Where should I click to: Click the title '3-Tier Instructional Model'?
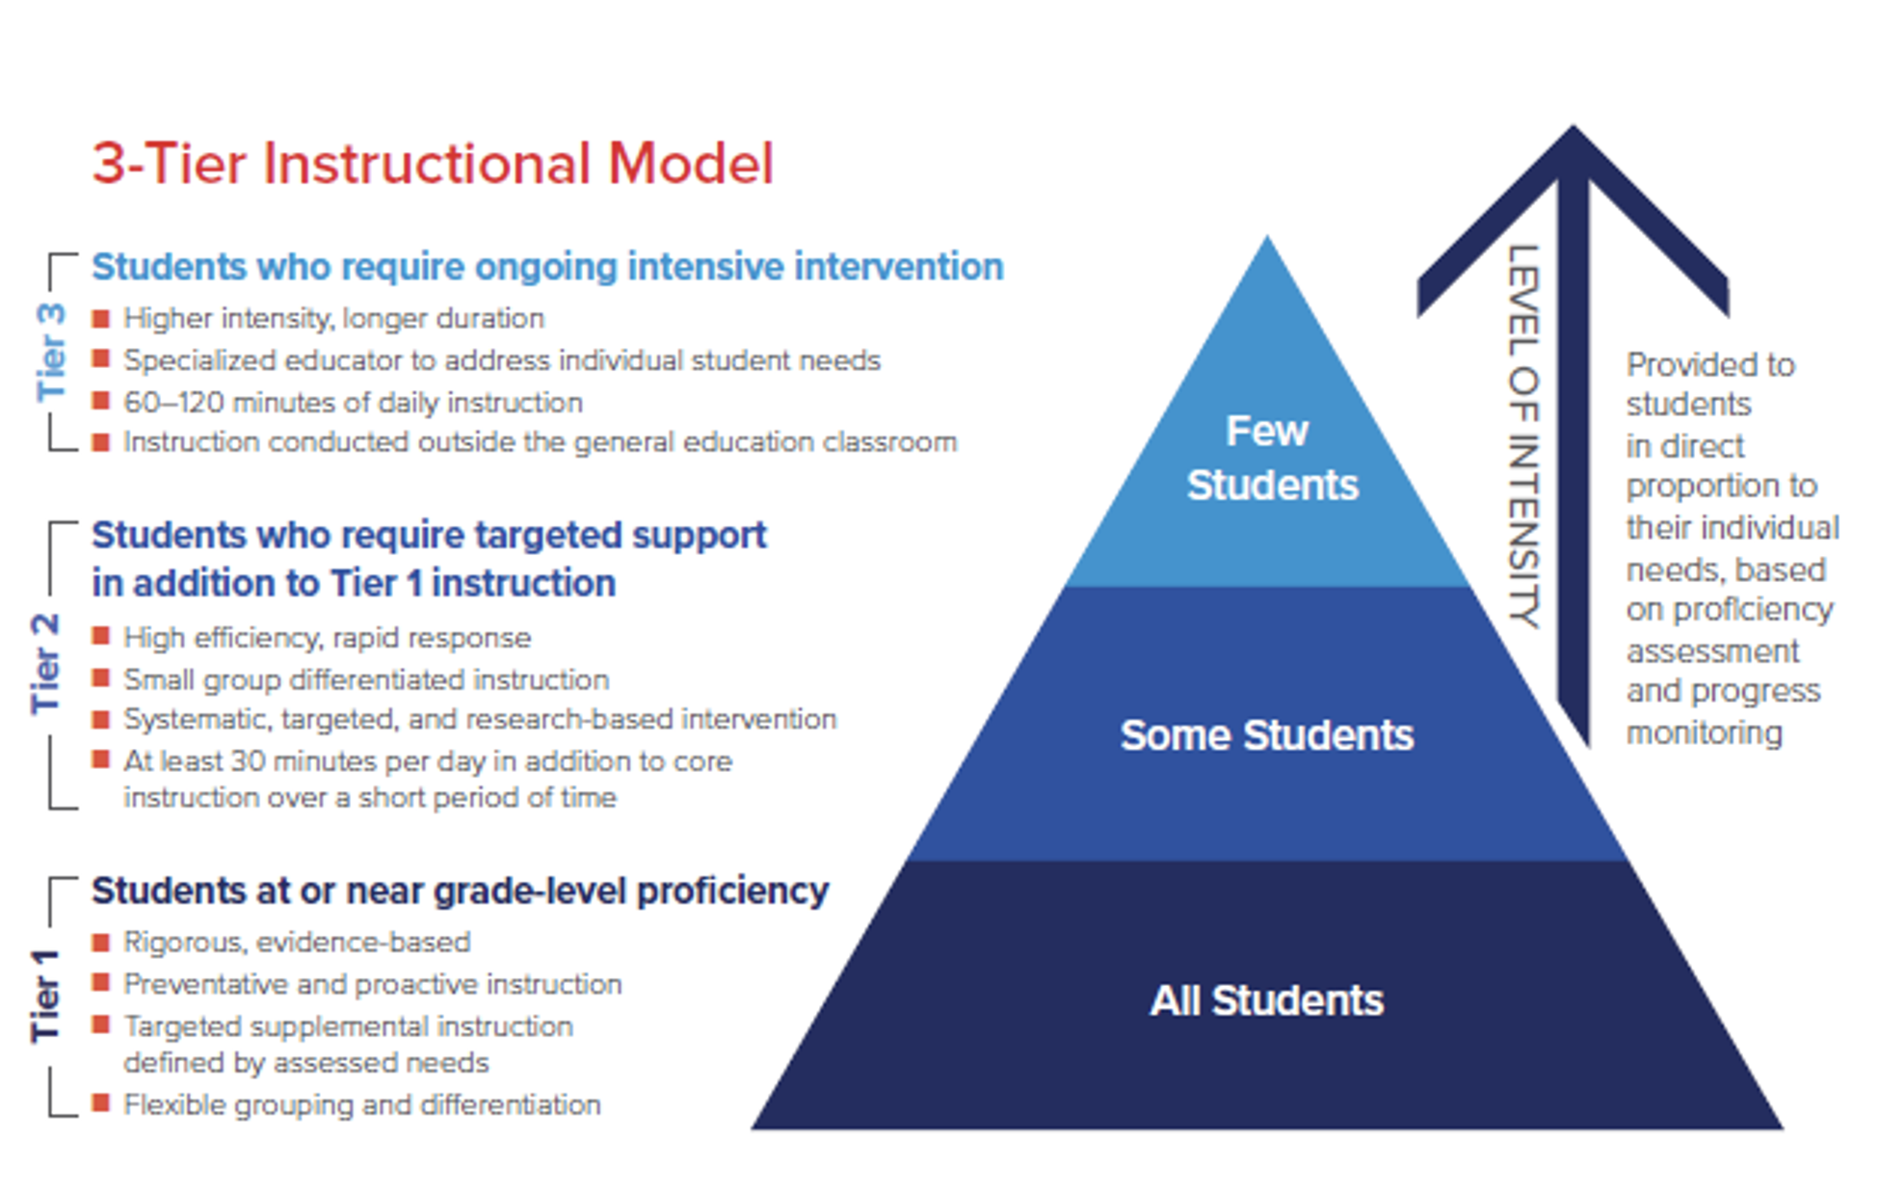pyautogui.click(x=433, y=164)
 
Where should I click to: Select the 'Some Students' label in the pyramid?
pyautogui.click(x=1266, y=735)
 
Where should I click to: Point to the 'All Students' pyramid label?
pyautogui.click(x=1266, y=1000)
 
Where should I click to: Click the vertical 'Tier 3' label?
pyautogui.click(x=51, y=352)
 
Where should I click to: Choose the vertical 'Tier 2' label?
pyautogui.click(x=45, y=663)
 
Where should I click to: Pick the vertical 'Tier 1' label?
pyautogui.click(x=45, y=996)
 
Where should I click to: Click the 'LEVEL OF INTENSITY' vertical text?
pyautogui.click(x=1523, y=436)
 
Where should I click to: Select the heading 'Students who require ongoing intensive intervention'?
pyautogui.click(x=547, y=267)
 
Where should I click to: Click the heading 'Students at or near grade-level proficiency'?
pyautogui.click(x=460, y=890)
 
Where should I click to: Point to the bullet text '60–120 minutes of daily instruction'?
pyautogui.click(x=353, y=402)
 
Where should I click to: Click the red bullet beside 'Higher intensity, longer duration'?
pyautogui.click(x=100, y=317)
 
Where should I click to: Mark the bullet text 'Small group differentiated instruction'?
pyautogui.click(x=366, y=679)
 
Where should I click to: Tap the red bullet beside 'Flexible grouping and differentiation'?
pyautogui.click(x=100, y=1103)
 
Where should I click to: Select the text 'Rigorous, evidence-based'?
pyautogui.click(x=297, y=942)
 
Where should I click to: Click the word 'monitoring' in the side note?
pyautogui.click(x=1704, y=732)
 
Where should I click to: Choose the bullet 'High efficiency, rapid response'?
pyautogui.click(x=327, y=637)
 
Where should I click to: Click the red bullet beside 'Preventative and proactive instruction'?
pyautogui.click(x=100, y=983)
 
